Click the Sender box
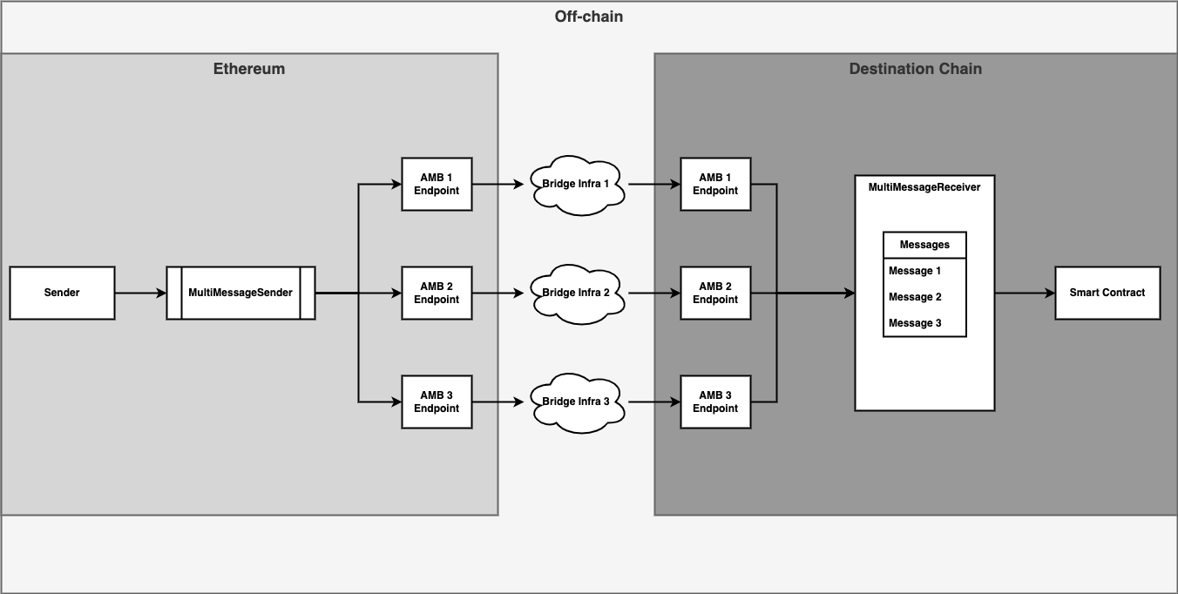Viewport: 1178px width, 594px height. click(62, 294)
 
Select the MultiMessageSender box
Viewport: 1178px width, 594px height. click(240, 294)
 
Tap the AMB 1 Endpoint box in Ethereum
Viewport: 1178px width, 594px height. click(437, 184)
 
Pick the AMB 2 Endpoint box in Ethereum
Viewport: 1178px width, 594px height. click(437, 294)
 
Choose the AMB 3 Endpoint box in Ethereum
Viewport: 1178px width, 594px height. click(437, 402)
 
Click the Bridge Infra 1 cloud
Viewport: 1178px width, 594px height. click(575, 185)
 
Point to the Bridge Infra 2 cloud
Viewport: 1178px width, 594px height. click(575, 294)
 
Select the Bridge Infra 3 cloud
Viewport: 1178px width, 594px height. click(575, 402)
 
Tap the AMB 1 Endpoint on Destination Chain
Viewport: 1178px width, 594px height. click(715, 184)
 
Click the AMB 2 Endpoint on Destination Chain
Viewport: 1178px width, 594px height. click(715, 294)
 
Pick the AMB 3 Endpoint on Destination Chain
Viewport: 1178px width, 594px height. click(715, 402)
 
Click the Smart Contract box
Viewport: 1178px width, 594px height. click(1107, 294)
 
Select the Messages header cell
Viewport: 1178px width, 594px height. click(924, 246)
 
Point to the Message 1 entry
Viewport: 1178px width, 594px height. click(915, 271)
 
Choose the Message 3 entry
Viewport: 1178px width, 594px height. click(915, 323)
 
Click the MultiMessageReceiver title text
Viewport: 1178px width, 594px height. click(924, 187)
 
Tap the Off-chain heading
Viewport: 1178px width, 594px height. click(589, 17)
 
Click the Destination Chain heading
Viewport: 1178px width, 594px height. click(915, 69)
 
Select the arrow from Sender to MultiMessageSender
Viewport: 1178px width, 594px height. click(140, 294)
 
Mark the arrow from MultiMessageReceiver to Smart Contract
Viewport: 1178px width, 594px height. click(1025, 294)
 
